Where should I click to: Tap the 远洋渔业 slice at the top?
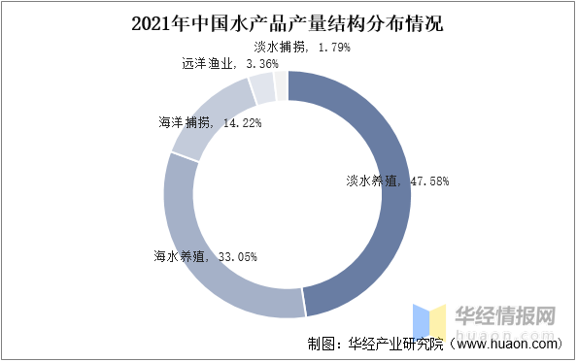tap(262, 89)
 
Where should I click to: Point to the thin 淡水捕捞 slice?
tap(281, 85)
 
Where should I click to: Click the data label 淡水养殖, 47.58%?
tap(397, 181)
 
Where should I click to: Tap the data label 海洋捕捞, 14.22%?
tap(209, 123)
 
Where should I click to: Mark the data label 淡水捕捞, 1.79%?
tap(302, 47)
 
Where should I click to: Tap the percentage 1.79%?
tap(330, 47)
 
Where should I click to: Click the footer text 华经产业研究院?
tap(393, 344)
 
